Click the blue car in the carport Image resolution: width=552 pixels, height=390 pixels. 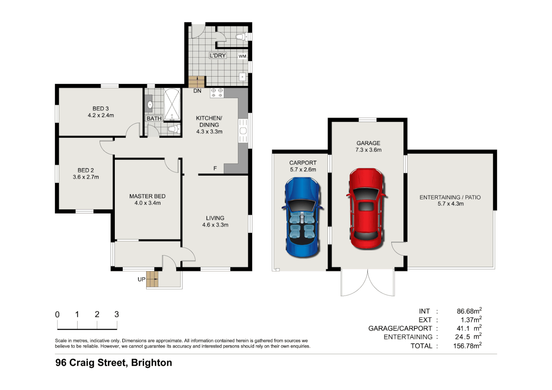click(x=302, y=217)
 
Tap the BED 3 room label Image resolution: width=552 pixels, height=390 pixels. click(x=100, y=109)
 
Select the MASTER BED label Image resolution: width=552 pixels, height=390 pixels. click(x=147, y=196)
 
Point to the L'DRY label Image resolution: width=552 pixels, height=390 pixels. click(x=218, y=56)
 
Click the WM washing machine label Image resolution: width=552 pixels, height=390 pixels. click(x=242, y=56)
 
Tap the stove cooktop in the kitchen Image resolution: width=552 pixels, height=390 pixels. click(x=217, y=93)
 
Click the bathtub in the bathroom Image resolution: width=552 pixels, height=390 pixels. click(x=172, y=104)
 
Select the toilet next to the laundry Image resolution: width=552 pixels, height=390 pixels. click(x=241, y=36)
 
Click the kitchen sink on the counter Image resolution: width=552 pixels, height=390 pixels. click(x=243, y=131)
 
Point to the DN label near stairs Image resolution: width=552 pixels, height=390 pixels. click(x=197, y=91)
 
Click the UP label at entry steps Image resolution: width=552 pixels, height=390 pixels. click(x=142, y=279)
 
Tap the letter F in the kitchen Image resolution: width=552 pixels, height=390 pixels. click(x=215, y=168)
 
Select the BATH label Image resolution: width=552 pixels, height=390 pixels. click(x=154, y=118)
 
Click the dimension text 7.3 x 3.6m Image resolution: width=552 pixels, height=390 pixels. click(x=368, y=150)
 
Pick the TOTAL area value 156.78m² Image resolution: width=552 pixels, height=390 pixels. click(x=467, y=346)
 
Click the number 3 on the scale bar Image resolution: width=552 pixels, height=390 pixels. click(x=117, y=315)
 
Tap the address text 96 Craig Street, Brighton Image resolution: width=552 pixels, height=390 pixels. click(x=114, y=363)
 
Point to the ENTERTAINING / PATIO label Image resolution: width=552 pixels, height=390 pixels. click(x=450, y=197)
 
